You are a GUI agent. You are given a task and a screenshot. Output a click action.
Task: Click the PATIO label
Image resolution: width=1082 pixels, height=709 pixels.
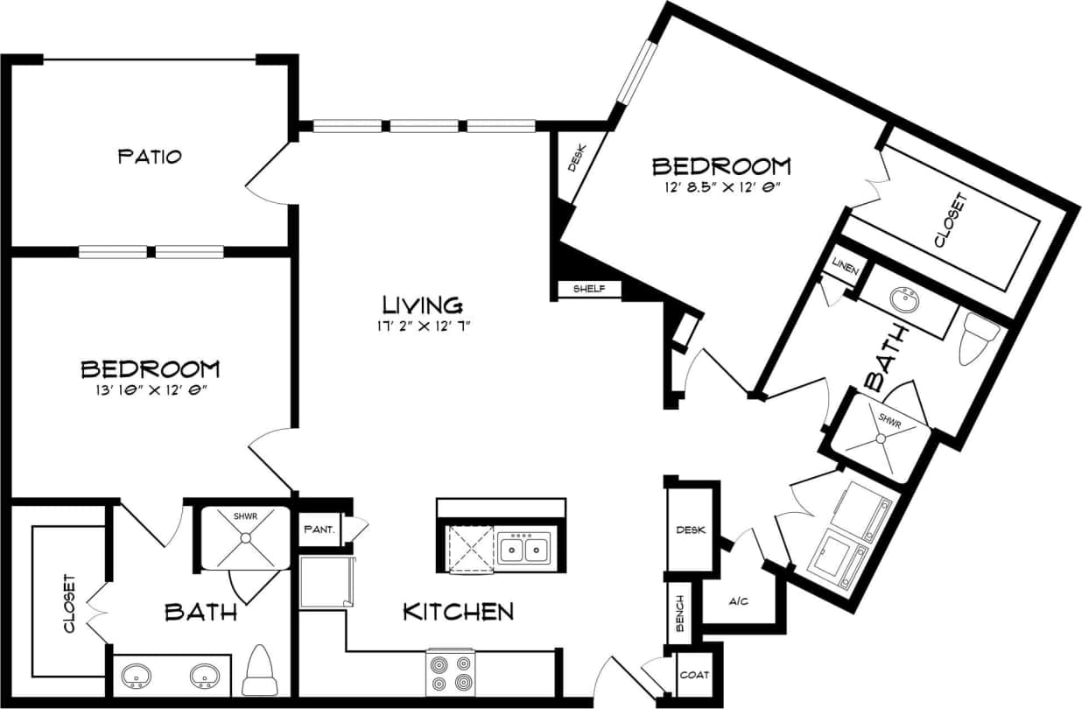click(x=150, y=157)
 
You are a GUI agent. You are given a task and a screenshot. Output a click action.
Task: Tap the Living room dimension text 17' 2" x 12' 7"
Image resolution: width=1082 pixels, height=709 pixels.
click(x=422, y=326)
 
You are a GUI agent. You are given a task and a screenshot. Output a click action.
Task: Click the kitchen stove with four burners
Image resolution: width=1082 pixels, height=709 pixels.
click(x=450, y=673)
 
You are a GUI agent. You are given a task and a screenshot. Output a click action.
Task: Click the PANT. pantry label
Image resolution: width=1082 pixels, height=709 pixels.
click(x=320, y=530)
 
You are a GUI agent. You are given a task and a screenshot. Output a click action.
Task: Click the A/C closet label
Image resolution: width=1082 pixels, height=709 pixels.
click(x=738, y=602)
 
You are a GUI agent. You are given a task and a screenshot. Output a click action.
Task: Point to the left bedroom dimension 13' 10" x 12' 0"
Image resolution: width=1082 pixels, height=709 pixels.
click(x=150, y=390)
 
